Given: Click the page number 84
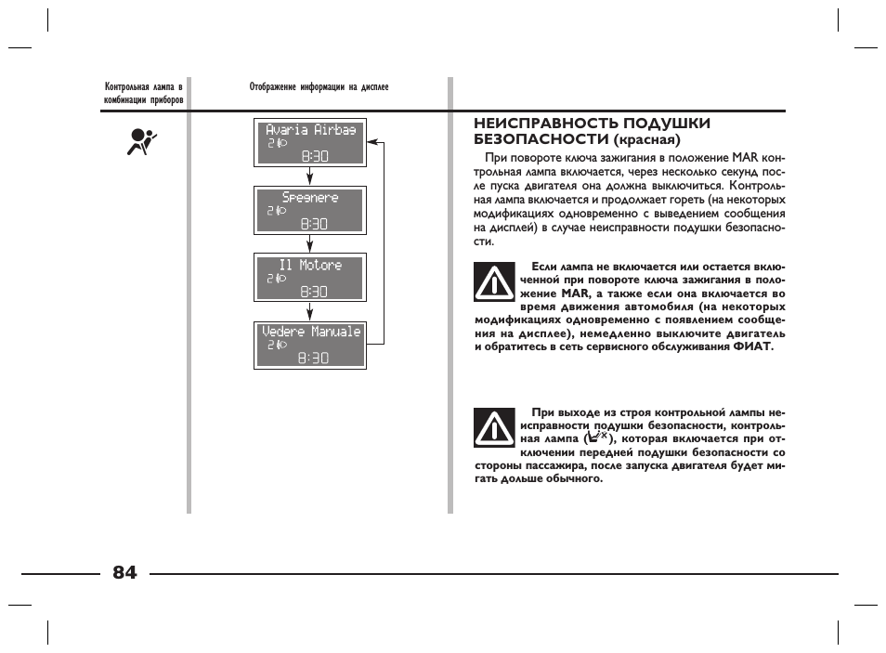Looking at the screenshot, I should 124,572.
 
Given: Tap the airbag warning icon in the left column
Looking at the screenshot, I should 141,143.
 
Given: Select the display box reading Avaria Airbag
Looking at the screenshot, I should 310,143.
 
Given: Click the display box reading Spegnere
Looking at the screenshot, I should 310,210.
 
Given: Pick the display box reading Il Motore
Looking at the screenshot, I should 310,277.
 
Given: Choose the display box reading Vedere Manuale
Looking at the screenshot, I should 310,345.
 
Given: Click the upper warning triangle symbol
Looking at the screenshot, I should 494,282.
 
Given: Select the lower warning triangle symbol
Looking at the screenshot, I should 494,428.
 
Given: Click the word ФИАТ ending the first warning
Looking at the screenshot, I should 753,347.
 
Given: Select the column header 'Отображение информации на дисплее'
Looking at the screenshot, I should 319,87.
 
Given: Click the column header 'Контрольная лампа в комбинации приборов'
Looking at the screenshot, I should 144,94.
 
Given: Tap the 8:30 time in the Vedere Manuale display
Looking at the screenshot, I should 314,358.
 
